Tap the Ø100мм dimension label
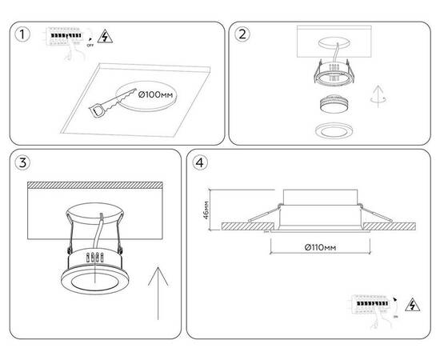(x=155, y=96)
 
